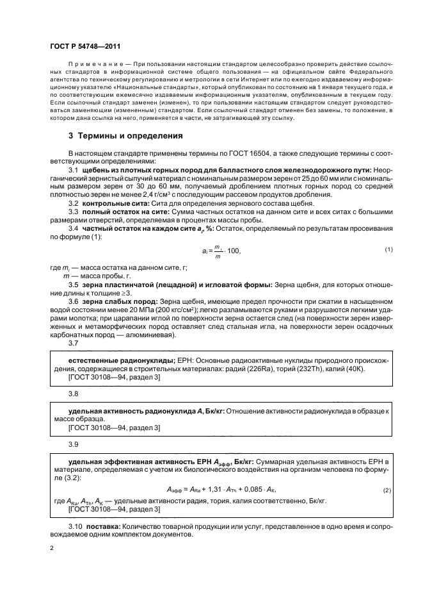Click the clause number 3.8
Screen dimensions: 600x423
[73, 393]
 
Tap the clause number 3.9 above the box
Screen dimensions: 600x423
[73, 442]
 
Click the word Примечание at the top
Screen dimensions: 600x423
[93, 65]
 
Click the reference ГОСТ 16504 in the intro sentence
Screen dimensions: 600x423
[235, 154]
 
